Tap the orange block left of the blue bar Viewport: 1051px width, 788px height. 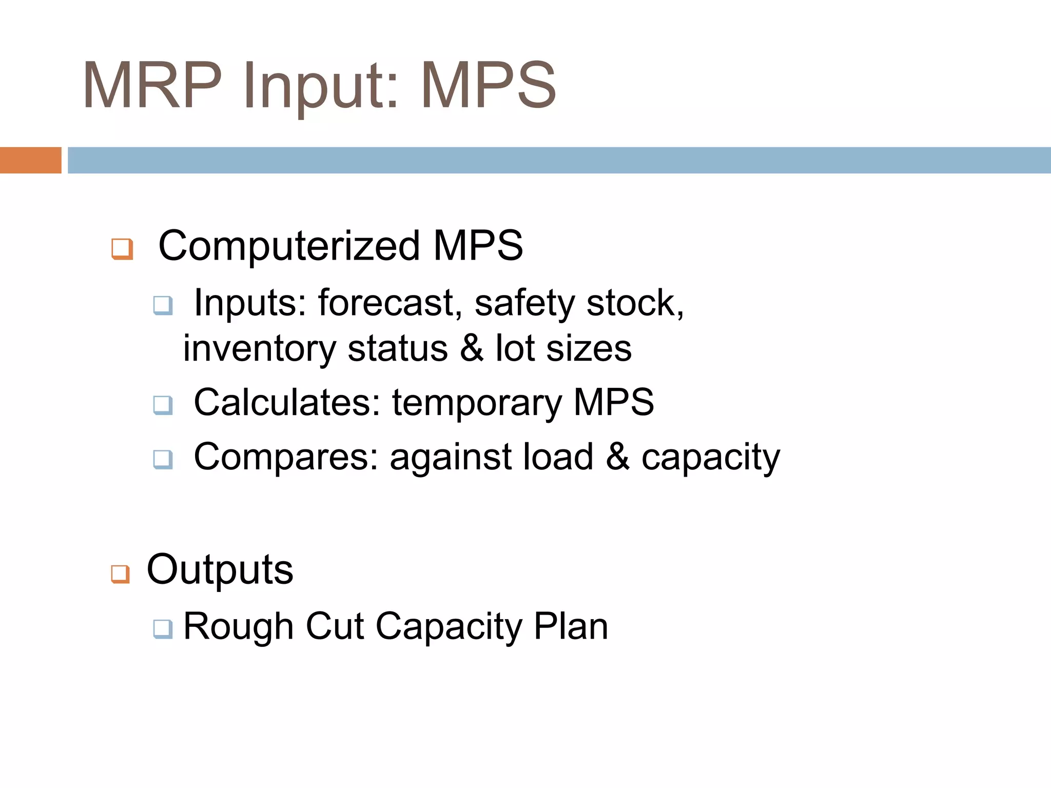pos(30,160)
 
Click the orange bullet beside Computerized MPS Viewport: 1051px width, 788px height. pos(122,249)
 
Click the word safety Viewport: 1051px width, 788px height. pos(524,303)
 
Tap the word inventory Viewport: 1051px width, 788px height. pos(259,349)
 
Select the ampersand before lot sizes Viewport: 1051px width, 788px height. pos(472,349)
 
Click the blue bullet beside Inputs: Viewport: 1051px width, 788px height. pos(163,306)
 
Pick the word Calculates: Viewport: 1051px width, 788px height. pos(287,402)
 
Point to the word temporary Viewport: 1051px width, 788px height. pos(477,402)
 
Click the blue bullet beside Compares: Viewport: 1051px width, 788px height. pos(163,459)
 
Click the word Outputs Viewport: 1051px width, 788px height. pos(220,569)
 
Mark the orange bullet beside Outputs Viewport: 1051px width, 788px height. pos(120,574)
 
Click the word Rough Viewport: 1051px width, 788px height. pos(238,626)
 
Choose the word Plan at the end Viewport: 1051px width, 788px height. pos(571,626)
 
